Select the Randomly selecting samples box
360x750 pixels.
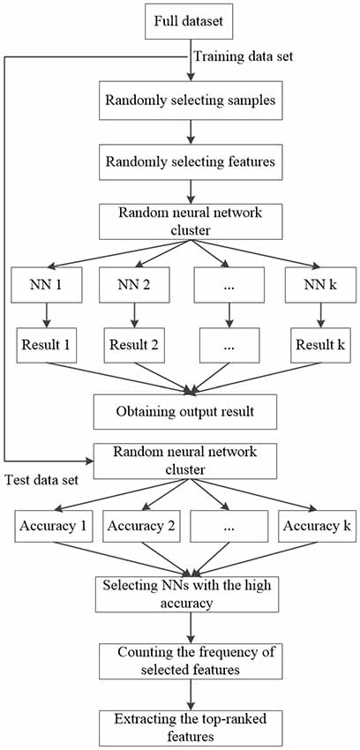[x=191, y=101]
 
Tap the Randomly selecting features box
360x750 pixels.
[x=191, y=161]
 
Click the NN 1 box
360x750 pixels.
[x=47, y=285]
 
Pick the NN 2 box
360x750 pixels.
[x=134, y=285]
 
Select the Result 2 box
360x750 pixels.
[x=134, y=344]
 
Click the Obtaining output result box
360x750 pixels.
[x=185, y=411]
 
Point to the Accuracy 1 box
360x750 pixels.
[x=53, y=525]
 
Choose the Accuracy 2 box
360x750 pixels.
[x=140, y=525]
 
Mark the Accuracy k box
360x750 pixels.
[x=317, y=525]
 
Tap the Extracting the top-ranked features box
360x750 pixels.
[x=191, y=729]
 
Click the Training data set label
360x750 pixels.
[x=244, y=56]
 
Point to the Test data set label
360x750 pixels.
[x=41, y=479]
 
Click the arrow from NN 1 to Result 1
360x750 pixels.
[x=47, y=315]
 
